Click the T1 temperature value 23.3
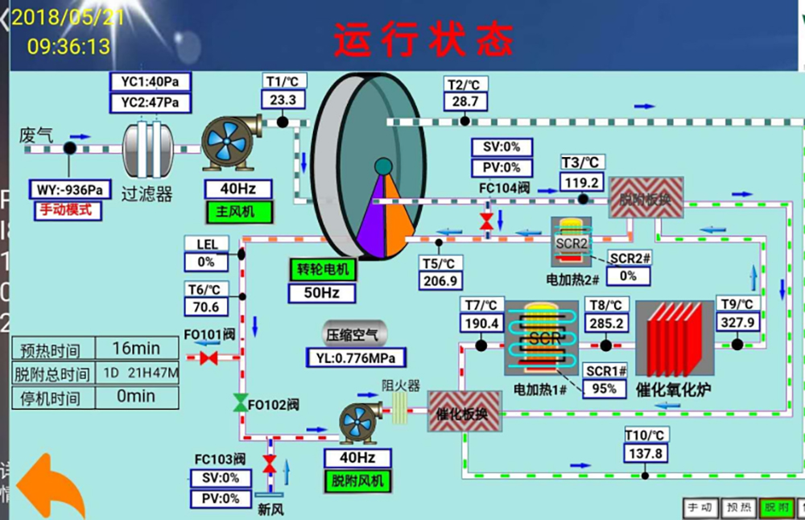coord(283,101)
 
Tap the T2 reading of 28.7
coord(465,101)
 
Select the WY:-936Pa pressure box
coord(70,190)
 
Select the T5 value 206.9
coord(440,281)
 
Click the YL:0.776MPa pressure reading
coord(356,357)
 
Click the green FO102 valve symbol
coord(240,403)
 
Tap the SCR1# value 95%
coord(604,389)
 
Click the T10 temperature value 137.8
coord(646,453)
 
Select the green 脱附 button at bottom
coord(777,508)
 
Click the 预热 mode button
coord(738,508)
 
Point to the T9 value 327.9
coord(737,322)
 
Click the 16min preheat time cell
coord(135,349)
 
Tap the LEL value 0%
coord(206,262)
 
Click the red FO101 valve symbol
coord(208,357)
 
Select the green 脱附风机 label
coord(357,481)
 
